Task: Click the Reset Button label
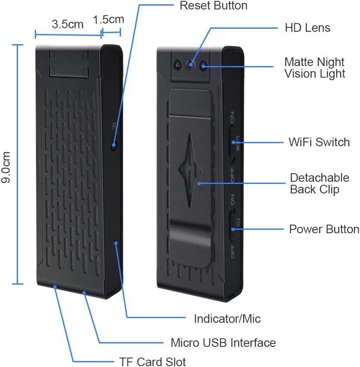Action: (x=213, y=6)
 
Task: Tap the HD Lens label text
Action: (x=307, y=28)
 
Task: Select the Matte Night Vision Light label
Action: (x=315, y=67)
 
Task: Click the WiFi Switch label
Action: (x=319, y=142)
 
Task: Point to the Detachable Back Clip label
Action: (x=319, y=183)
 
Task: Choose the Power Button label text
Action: (x=324, y=229)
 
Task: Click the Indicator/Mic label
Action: (x=227, y=319)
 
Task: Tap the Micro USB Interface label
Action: (x=223, y=343)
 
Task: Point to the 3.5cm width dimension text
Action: (x=67, y=24)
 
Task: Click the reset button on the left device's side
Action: (x=114, y=145)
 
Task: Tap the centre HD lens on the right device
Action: (x=190, y=65)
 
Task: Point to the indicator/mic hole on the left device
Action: (x=116, y=244)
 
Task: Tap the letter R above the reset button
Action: (x=114, y=126)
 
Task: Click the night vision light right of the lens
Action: (x=203, y=66)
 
